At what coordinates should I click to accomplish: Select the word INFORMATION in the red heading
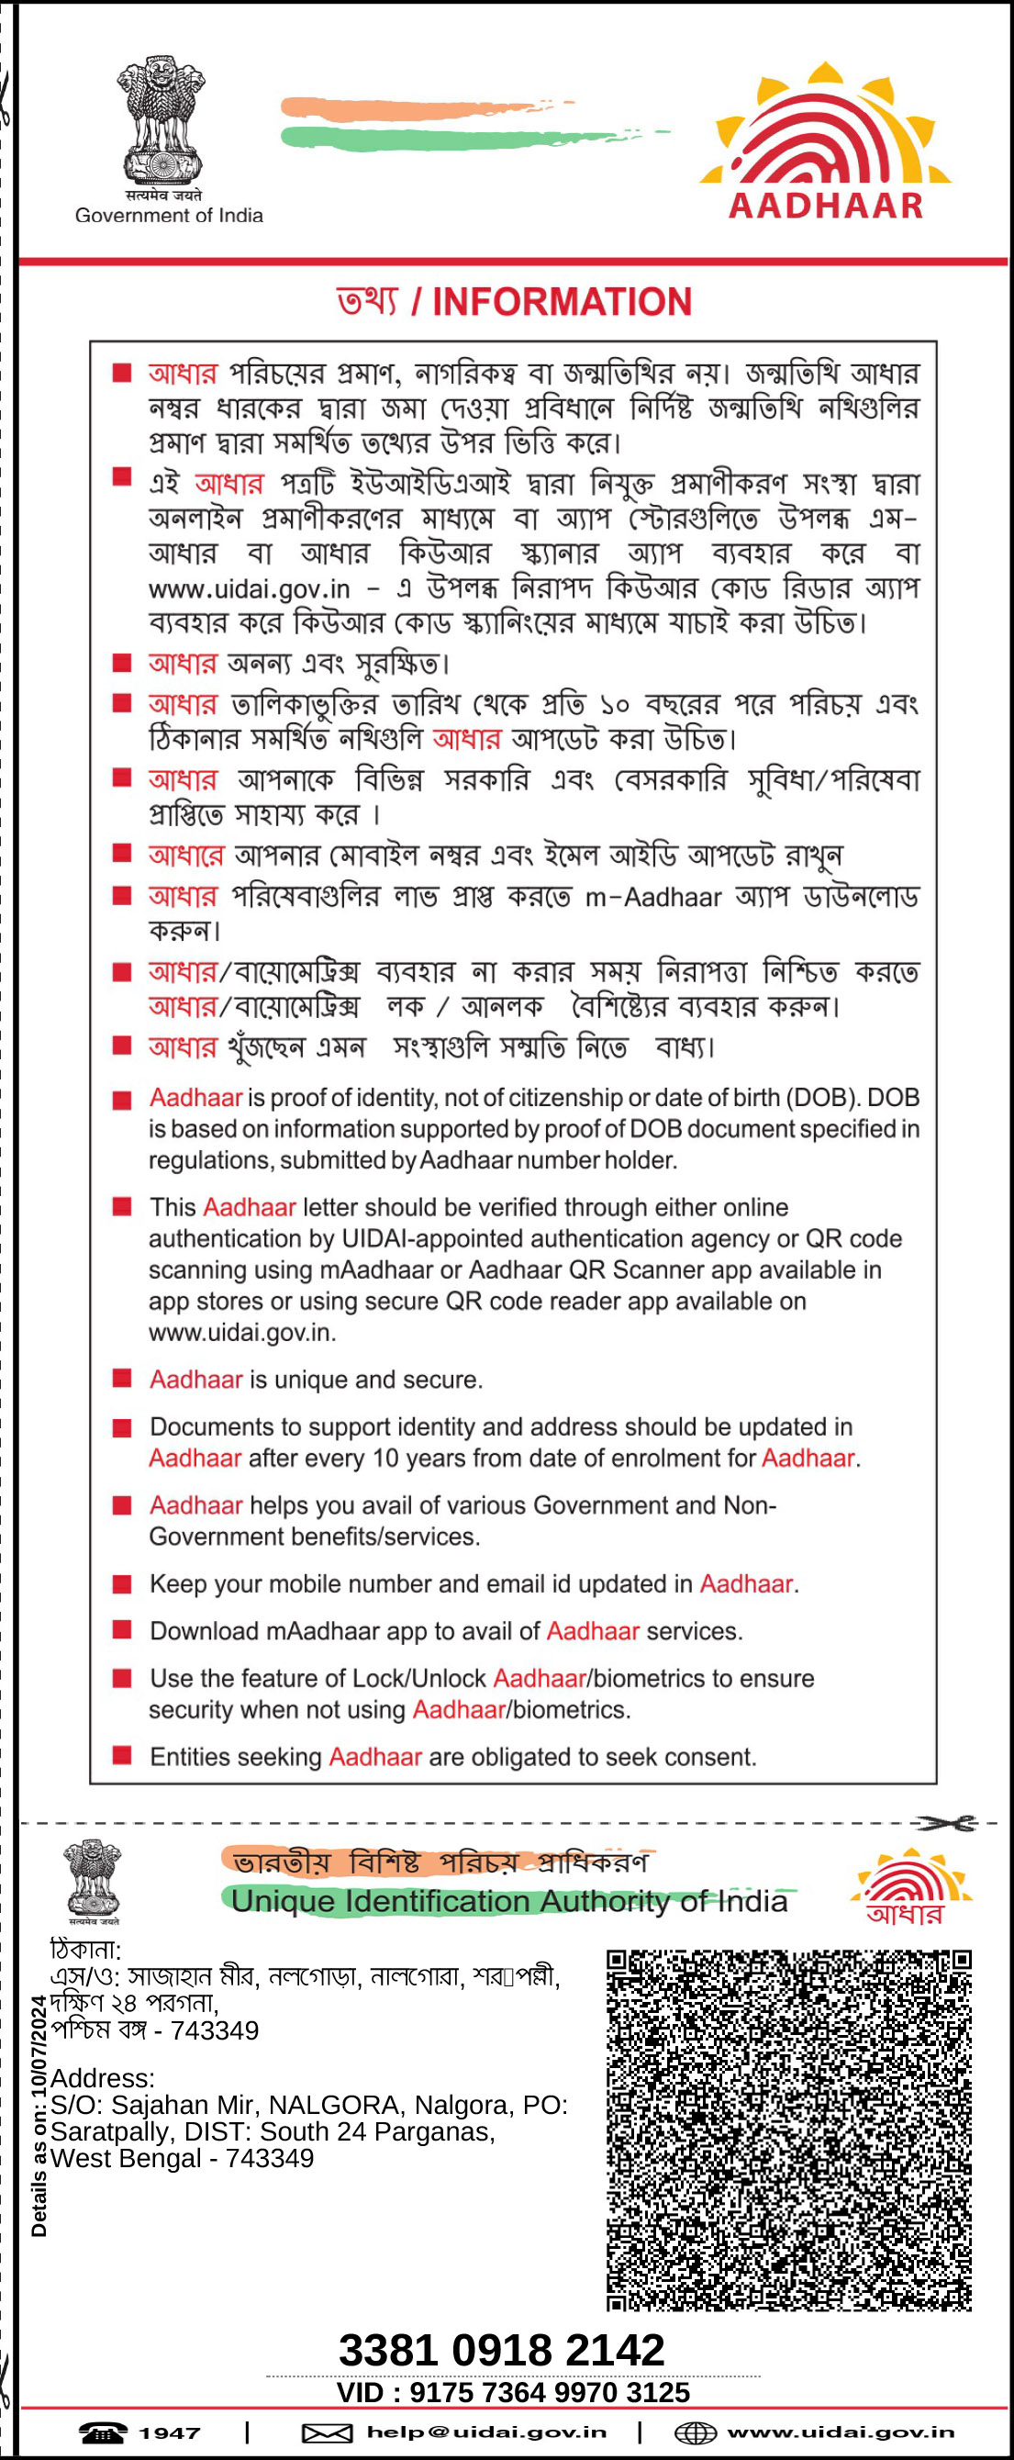click(x=562, y=302)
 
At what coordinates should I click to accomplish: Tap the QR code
click(x=788, y=2130)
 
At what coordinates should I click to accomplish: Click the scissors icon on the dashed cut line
click(x=946, y=1824)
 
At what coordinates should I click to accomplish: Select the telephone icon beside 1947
click(x=102, y=2432)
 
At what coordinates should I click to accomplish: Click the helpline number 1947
click(x=170, y=2432)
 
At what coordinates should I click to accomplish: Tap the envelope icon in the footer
click(x=327, y=2432)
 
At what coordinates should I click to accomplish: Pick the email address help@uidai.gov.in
click(x=486, y=2432)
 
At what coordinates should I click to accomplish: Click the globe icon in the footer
click(x=695, y=2432)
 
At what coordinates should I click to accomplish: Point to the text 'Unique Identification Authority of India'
click(x=509, y=1901)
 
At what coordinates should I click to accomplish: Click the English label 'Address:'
click(x=102, y=2078)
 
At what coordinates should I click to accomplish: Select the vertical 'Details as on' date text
click(x=39, y=2116)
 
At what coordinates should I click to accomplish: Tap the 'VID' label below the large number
click(x=360, y=2392)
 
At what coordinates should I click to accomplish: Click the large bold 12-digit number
click(x=501, y=2350)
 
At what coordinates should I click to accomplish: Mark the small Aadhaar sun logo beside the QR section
click(x=909, y=1887)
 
